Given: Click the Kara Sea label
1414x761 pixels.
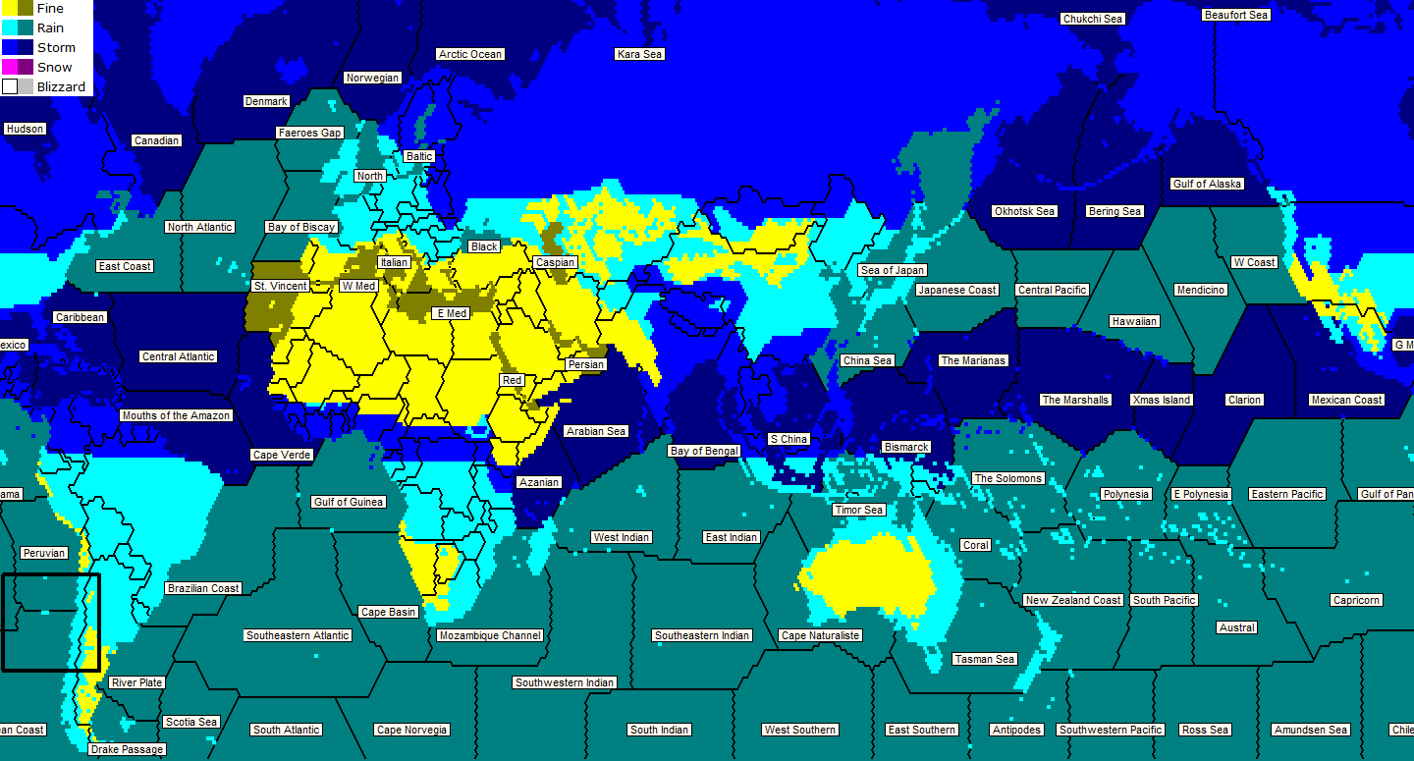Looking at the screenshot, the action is pyautogui.click(x=639, y=54).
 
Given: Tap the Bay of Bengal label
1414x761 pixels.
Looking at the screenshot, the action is pyautogui.click(x=704, y=451).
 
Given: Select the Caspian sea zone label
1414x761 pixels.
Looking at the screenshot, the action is pyautogui.click(x=555, y=262).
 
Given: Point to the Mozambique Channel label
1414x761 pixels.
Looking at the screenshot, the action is pyautogui.click(x=490, y=635).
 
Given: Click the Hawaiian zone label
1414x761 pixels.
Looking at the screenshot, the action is pyautogui.click(x=1134, y=321).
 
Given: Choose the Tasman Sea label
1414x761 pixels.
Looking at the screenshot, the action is pyautogui.click(x=984, y=659).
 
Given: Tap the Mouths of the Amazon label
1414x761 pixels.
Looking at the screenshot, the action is pyautogui.click(x=176, y=415).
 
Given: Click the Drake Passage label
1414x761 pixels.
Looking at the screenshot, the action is pyautogui.click(x=127, y=749).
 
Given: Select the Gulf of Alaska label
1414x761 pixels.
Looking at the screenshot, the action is pyautogui.click(x=1207, y=184).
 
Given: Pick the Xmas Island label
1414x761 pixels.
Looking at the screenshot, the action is pyautogui.click(x=1161, y=400).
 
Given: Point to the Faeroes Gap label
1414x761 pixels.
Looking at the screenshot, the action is pyautogui.click(x=309, y=133).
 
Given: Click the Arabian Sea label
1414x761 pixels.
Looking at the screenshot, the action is pyautogui.click(x=596, y=431).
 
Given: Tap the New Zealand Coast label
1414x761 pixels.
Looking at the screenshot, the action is pyautogui.click(x=1072, y=600).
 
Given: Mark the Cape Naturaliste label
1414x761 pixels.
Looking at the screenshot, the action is pyautogui.click(x=820, y=635).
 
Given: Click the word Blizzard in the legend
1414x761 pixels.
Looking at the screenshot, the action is pyautogui.click(x=61, y=86).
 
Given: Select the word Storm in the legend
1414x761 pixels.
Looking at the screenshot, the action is pyautogui.click(x=56, y=47).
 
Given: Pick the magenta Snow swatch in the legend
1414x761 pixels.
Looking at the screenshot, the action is pyautogui.click(x=10, y=67).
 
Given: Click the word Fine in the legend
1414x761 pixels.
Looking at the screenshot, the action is pyautogui.click(x=50, y=9).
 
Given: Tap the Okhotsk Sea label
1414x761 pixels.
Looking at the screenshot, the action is pyautogui.click(x=1024, y=211).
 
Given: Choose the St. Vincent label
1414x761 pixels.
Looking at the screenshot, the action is pyautogui.click(x=280, y=286).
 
